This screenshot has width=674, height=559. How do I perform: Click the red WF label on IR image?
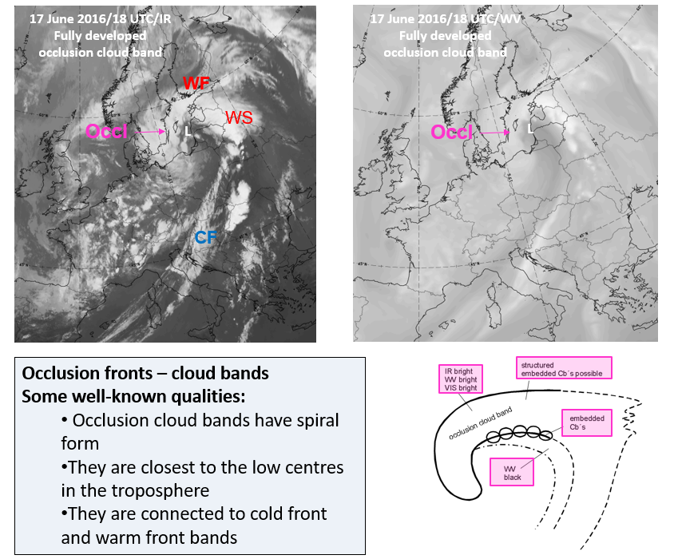pos(196,83)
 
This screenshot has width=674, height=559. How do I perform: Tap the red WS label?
pos(239,118)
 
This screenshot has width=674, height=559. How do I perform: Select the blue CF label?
pos(206,237)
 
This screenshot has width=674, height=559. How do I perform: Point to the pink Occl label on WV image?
pos(452,132)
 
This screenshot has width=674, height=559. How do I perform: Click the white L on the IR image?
pos(188,131)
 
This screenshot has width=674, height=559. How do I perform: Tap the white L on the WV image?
pos(530,128)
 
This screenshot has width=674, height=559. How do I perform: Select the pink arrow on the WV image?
pos(496,132)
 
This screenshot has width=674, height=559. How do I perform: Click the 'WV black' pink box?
pos(512,471)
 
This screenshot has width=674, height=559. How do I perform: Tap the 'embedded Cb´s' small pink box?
pos(586,423)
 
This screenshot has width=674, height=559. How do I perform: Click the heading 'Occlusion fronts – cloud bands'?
pos(145,374)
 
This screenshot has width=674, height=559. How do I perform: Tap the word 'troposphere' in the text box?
pos(178,490)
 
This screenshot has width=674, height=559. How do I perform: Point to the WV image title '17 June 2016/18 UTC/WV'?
pos(445,18)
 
